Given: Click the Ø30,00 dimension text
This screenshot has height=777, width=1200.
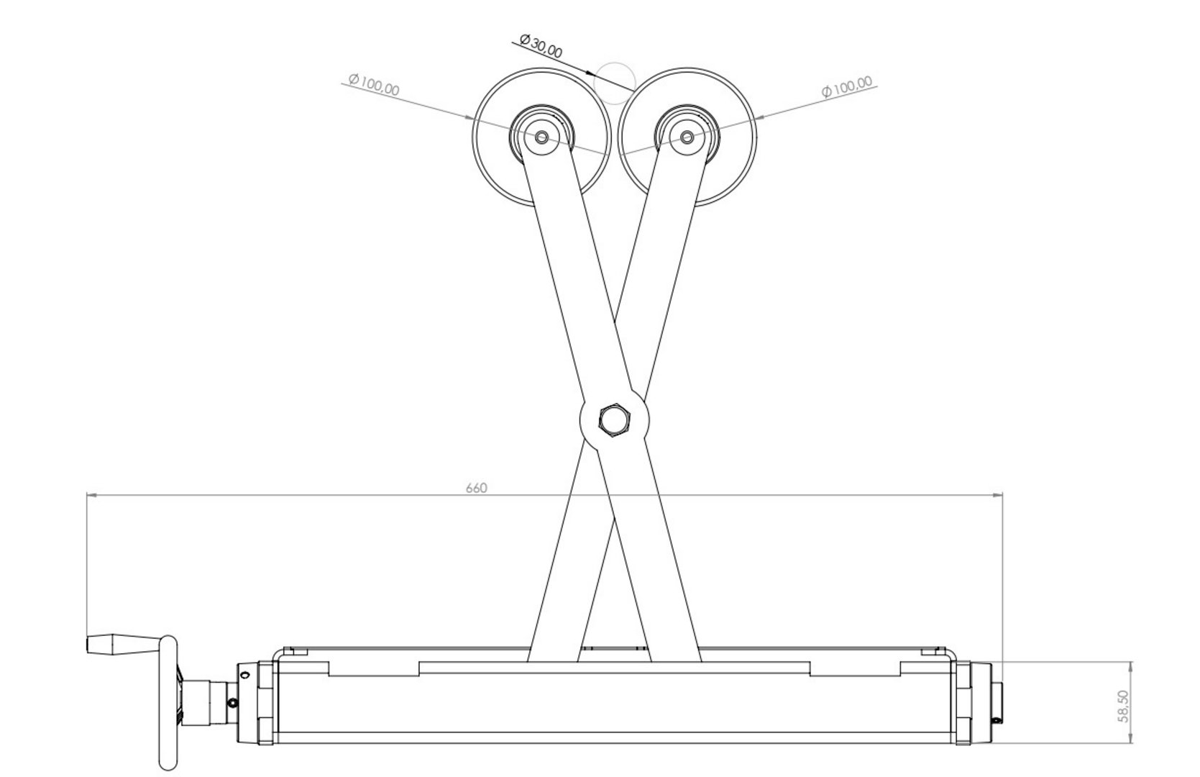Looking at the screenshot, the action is (541, 46).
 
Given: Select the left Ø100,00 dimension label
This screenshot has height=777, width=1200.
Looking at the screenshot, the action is (374, 85).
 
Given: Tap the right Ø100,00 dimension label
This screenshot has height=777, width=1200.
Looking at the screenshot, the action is (847, 86).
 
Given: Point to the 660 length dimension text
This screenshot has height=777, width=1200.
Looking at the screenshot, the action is (476, 488).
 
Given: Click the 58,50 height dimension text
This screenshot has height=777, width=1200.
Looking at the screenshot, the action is (1123, 706).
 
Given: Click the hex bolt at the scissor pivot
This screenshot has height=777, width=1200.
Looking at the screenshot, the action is (614, 420).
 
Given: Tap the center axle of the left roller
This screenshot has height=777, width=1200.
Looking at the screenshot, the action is (541, 137).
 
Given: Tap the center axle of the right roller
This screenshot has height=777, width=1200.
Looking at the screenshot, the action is (687, 137).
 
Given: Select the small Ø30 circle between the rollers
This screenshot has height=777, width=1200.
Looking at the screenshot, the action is (615, 83).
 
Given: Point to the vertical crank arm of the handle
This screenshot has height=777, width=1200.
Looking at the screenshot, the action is (168, 703).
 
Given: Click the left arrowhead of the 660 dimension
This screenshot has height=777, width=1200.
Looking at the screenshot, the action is (91, 496).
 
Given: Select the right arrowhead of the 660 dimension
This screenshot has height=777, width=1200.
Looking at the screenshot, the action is (997, 496).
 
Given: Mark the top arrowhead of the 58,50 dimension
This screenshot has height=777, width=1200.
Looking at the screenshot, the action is (1131, 666).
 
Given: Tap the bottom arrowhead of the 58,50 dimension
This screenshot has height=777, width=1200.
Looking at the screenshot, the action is (1131, 738).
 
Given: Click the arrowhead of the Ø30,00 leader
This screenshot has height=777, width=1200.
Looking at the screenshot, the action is (589, 72).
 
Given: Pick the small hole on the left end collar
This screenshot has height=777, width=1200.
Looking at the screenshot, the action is (245, 675).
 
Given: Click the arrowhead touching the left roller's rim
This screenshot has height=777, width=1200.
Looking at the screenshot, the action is (467, 118).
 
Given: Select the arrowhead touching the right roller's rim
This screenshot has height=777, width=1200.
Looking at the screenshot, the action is (762, 117).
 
